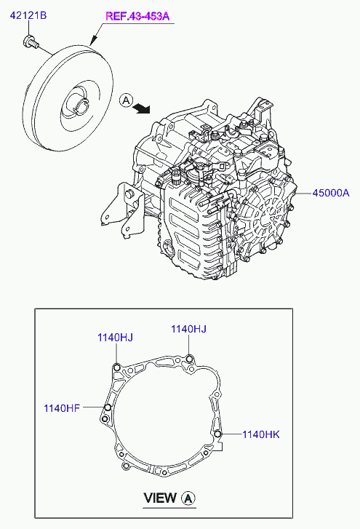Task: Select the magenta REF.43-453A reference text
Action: [137, 16]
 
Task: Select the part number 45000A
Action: [331, 193]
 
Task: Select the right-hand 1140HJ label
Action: [188, 329]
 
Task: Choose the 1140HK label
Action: [260, 434]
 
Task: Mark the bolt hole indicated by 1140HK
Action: [217, 435]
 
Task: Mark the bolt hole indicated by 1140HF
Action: [108, 407]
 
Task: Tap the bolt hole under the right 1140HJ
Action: [189, 357]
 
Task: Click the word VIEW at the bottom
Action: [160, 498]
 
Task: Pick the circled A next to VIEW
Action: [188, 498]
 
